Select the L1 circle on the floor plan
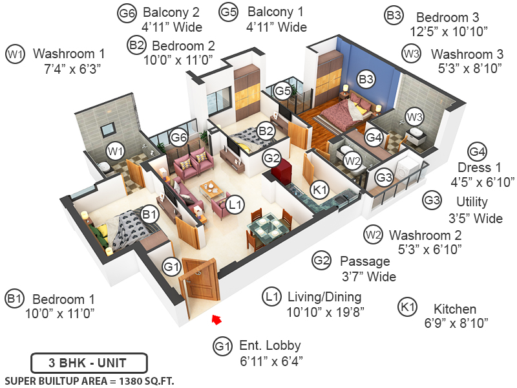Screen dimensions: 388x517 pyautogui.click(x=236, y=204)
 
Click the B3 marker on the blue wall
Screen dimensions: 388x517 pyautogui.click(x=366, y=79)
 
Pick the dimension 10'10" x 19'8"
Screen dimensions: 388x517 pyautogui.click(x=326, y=312)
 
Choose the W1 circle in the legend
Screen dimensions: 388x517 pyautogui.click(x=15, y=54)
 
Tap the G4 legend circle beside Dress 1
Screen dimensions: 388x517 pyautogui.click(x=476, y=152)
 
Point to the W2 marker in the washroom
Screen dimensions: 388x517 pyautogui.click(x=352, y=160)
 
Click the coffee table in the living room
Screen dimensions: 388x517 pyautogui.click(x=210, y=189)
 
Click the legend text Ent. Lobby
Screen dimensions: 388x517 pyautogui.click(x=269, y=345)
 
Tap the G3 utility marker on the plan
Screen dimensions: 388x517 pyautogui.click(x=385, y=177)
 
